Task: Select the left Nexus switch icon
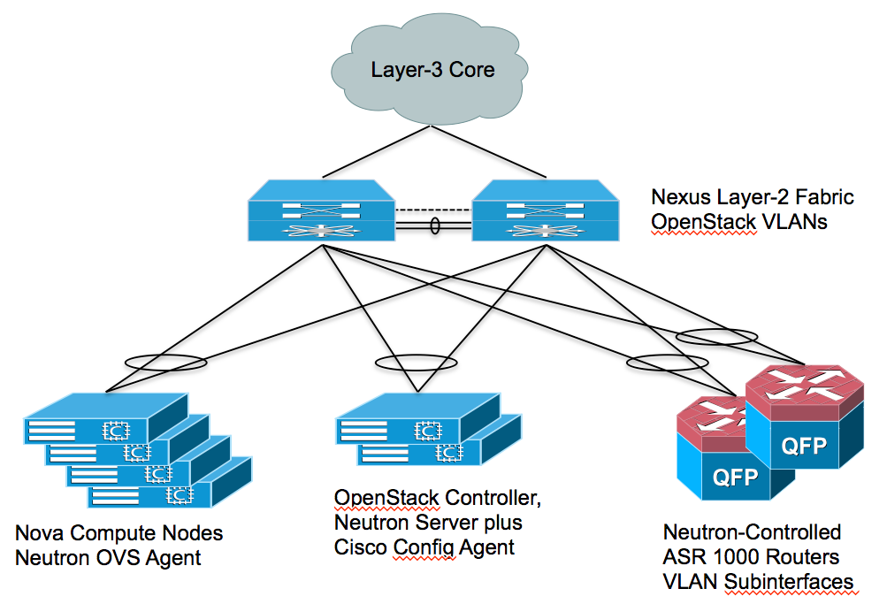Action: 321,211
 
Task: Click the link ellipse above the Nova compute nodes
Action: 167,363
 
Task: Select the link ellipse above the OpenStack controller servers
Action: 415,363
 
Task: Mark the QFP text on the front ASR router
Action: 734,478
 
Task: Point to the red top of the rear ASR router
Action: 803,385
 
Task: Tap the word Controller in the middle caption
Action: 494,498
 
